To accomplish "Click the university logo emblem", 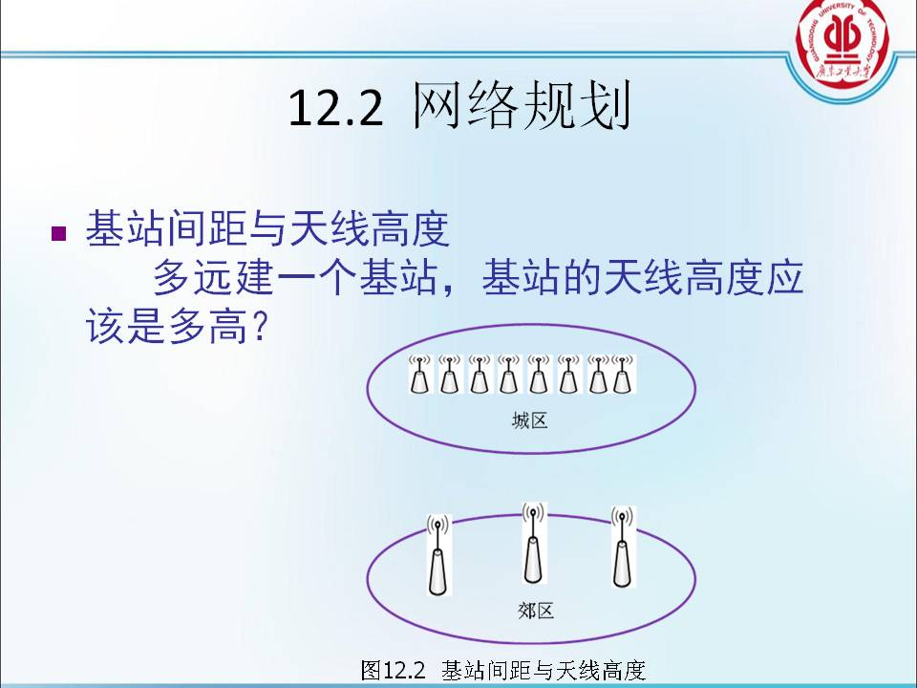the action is [842, 43].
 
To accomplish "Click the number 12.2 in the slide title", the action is [335, 108].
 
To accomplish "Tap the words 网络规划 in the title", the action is [522, 105].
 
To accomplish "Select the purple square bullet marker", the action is [59, 233].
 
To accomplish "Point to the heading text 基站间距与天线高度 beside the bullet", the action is [267, 228].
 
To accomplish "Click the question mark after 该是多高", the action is [257, 325].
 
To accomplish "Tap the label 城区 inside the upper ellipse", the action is [530, 420].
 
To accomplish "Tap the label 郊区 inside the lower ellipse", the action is [536, 611].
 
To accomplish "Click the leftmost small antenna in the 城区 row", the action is [420, 374].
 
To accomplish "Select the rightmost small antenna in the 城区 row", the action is [624, 374].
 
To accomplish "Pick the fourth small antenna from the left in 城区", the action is [509, 374].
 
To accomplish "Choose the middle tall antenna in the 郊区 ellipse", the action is [533, 543].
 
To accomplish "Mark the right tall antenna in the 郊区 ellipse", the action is [622, 547].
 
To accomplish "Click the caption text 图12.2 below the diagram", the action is [393, 670].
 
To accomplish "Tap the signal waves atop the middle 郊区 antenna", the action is [533, 513].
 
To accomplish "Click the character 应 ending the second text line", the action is [784, 277].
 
